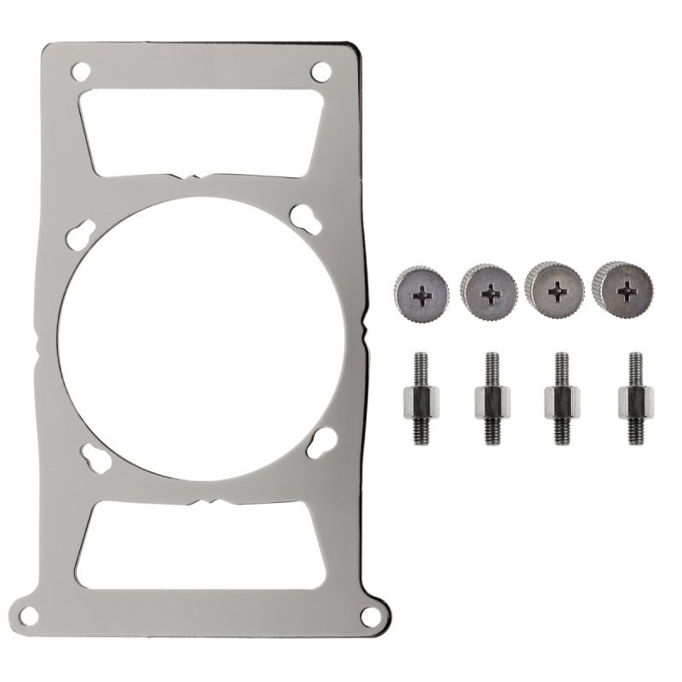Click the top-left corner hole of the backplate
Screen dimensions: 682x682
pyautogui.click(x=80, y=71)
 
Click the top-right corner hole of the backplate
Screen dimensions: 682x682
pyautogui.click(x=321, y=71)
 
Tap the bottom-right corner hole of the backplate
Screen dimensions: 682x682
pyautogui.click(x=369, y=614)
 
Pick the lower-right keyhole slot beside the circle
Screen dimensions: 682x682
pyautogui.click(x=320, y=442)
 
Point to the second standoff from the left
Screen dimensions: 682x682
pyautogui.click(x=491, y=397)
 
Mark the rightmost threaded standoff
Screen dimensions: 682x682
pyautogui.click(x=635, y=397)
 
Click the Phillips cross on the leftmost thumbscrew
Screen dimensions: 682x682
pyautogui.click(x=422, y=297)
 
